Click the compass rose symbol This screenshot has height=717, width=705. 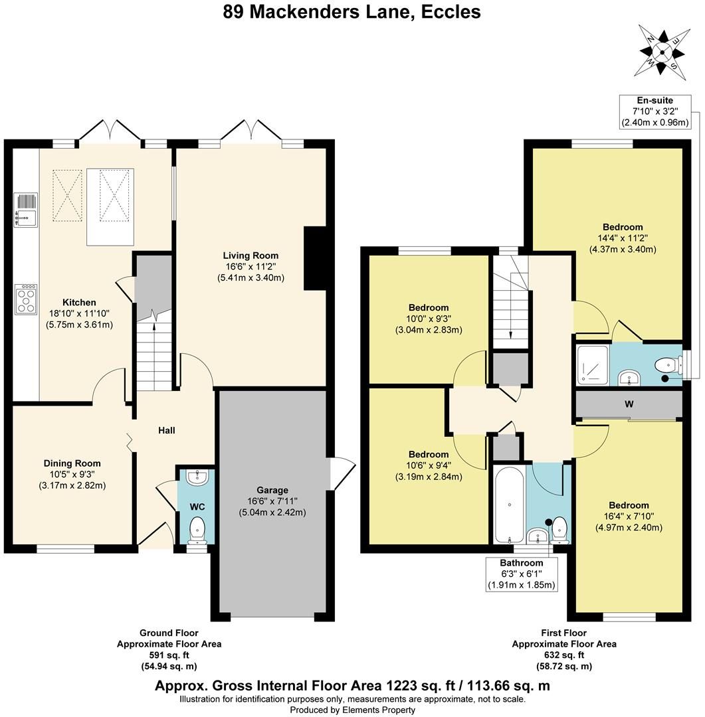(662, 50)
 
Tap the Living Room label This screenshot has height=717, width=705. (251, 256)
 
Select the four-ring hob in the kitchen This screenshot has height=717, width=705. (27, 299)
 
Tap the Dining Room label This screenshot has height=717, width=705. (72, 463)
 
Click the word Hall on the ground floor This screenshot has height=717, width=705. (166, 431)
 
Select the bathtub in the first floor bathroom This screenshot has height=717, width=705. (509, 505)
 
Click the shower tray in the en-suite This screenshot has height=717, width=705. (591, 364)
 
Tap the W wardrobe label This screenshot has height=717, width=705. (628, 404)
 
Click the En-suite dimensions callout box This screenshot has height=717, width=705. (655, 111)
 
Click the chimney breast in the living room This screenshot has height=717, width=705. (314, 258)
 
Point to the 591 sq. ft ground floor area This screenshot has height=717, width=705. (169, 655)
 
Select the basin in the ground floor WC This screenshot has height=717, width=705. (197, 477)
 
